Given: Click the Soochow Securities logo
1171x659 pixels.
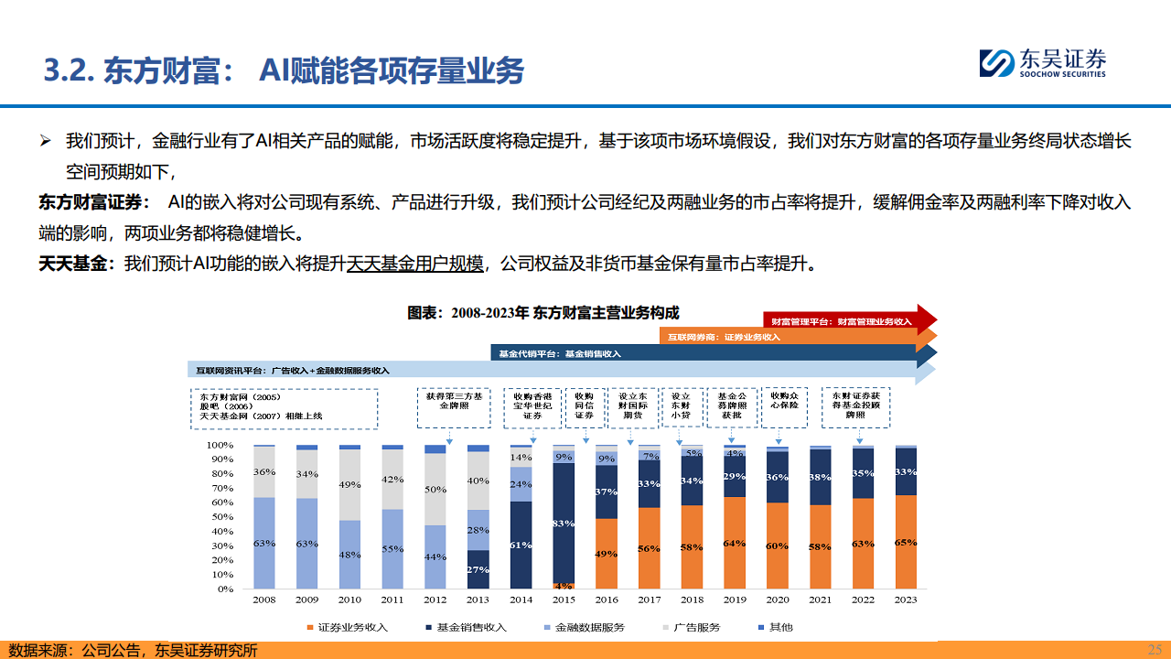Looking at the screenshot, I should pos(1043,62).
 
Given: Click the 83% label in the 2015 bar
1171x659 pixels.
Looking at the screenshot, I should pos(564,524).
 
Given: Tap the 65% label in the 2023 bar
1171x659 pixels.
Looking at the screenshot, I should pos(906,543).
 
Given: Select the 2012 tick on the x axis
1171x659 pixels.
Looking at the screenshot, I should pos(435,600).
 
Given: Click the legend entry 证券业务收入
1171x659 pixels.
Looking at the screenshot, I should pos(347,627).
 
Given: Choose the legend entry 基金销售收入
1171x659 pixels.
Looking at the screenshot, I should pos(466,627).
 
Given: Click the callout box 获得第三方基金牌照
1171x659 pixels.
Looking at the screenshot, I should pos(455,408).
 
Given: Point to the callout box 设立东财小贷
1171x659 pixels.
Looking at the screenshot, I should pos(681,408).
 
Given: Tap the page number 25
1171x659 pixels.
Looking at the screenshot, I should pos(1155,649).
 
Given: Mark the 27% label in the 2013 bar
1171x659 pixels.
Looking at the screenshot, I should pos(478,569).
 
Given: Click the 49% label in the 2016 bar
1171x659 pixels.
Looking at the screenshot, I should pos(607,554).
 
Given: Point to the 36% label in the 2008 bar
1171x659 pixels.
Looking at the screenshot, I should pos(263,472).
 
